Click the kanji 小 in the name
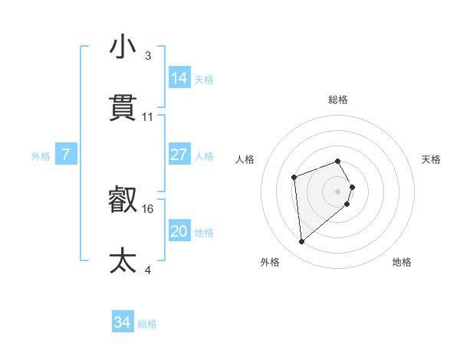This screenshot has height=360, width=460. [x=123, y=47]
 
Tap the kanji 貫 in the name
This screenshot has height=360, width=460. [x=123, y=108]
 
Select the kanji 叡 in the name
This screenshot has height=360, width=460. [x=123, y=201]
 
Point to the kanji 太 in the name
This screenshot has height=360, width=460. [x=123, y=260]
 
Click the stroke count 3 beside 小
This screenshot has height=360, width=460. [x=148, y=56]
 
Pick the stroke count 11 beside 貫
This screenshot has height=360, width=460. [x=148, y=117]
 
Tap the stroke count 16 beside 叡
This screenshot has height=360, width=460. [x=148, y=208]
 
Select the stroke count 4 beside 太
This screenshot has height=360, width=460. [x=148, y=270]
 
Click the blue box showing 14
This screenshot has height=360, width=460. [x=179, y=78]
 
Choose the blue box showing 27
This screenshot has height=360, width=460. [x=179, y=155]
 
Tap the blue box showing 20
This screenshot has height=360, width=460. [x=179, y=231]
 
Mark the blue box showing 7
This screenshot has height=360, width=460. [x=66, y=155]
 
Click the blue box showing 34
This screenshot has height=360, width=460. [x=123, y=322]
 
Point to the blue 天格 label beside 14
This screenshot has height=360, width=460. [x=204, y=80]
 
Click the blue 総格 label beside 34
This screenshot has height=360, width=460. [x=147, y=324]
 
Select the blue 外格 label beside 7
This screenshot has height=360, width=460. [x=41, y=156]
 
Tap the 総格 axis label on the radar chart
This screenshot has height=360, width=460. [x=338, y=100]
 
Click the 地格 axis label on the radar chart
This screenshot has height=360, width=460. [x=402, y=262]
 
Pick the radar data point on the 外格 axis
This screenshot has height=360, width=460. [x=302, y=242]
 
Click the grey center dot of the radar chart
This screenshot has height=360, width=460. [x=337, y=190]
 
